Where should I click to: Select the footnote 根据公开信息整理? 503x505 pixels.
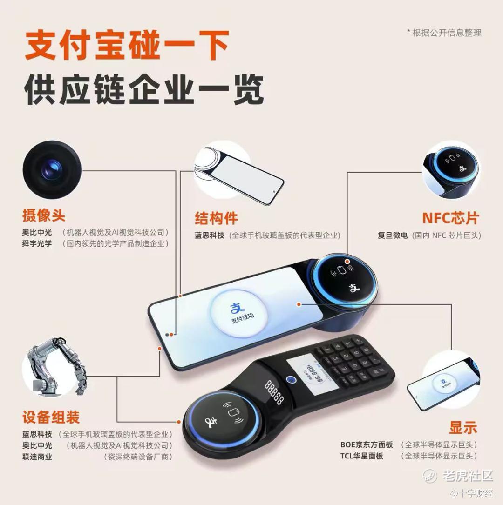[447, 33]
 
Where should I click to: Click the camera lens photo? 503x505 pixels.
[52, 169]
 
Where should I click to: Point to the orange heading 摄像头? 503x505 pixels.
[44, 215]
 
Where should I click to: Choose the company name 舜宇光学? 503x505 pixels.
[37, 243]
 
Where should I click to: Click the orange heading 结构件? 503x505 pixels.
[216, 218]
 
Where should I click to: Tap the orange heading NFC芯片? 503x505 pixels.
[450, 218]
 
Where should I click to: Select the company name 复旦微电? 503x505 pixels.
[393, 236]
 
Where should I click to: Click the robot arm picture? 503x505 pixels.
[55, 366]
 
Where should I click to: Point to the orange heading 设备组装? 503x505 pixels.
[51, 417]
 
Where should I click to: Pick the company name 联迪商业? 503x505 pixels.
[37, 457]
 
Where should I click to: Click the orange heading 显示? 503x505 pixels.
[463, 428]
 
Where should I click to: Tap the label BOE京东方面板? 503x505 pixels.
[367, 444]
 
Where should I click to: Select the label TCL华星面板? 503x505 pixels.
[362, 456]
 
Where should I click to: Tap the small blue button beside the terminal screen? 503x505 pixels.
[291, 380]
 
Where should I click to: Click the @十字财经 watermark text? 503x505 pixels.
[472, 493]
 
